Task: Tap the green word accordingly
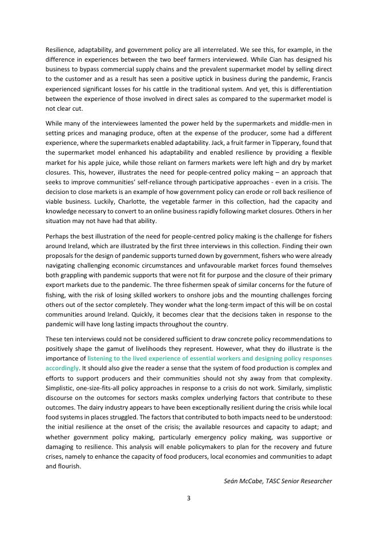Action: point(62,368)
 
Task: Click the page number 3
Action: point(188,498)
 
